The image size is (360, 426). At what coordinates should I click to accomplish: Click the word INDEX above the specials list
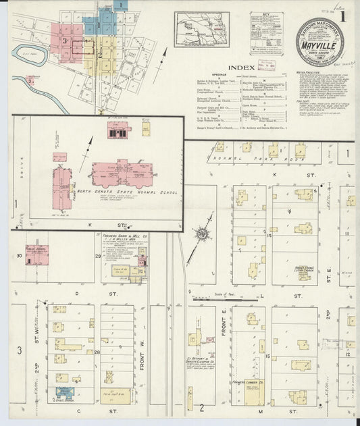241,68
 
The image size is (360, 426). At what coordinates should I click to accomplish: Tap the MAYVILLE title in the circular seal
318,46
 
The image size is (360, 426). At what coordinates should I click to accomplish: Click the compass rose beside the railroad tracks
201,236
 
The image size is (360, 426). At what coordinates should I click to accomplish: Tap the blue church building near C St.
64,392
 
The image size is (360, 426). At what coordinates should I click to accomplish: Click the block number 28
97,352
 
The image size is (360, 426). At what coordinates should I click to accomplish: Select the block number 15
267,355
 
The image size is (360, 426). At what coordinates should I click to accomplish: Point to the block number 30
20,255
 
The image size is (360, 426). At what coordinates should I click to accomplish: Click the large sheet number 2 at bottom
201,408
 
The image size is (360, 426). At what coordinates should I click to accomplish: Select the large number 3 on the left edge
20,350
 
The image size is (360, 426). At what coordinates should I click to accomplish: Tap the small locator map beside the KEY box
201,29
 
